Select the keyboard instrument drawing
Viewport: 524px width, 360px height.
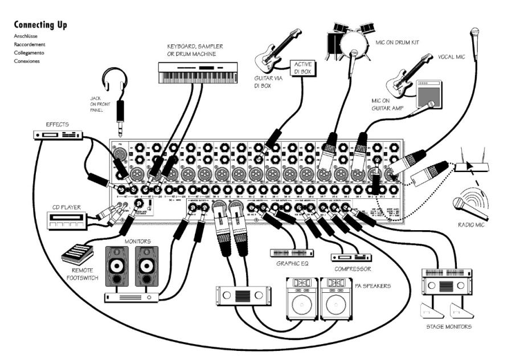click(197, 72)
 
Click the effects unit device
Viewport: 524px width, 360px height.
click(59, 135)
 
